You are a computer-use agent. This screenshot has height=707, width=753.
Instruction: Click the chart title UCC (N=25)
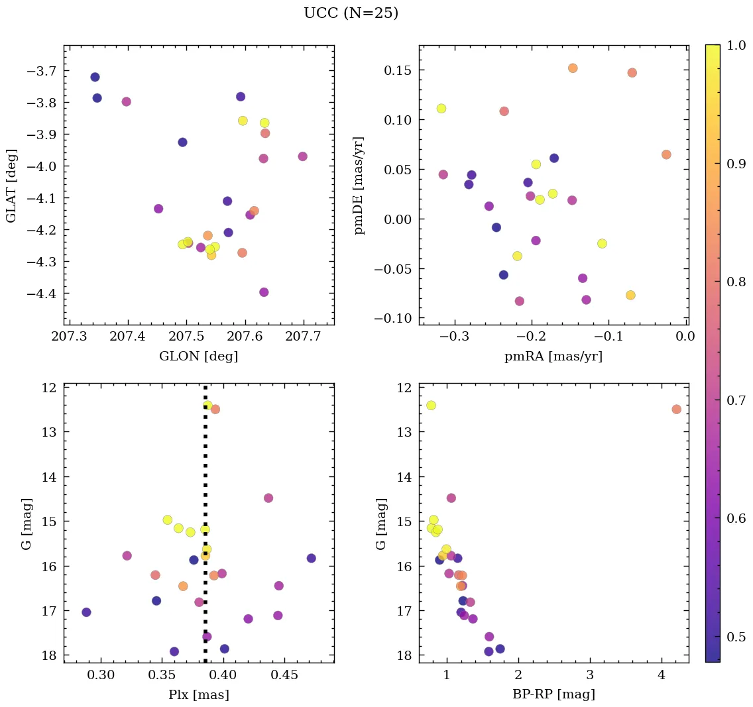pyautogui.click(x=351, y=13)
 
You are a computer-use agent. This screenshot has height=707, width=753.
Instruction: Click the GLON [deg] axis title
pyautogui.click(x=198, y=356)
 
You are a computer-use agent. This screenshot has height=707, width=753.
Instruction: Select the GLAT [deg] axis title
pyautogui.click(x=11, y=186)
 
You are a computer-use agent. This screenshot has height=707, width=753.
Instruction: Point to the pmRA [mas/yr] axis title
pyautogui.click(x=553, y=356)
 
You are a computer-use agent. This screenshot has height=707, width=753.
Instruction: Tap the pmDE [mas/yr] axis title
pyautogui.click(x=360, y=186)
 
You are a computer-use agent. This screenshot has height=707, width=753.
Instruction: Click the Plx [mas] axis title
pyautogui.click(x=198, y=694)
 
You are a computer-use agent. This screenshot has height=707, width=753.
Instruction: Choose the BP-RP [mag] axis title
pyautogui.click(x=553, y=694)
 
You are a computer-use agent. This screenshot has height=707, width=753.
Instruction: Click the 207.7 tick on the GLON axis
pyautogui.click(x=304, y=339)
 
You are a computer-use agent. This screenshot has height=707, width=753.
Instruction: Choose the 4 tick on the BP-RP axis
pyautogui.click(x=661, y=677)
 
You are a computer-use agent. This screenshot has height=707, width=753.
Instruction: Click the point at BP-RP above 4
pyautogui.click(x=676, y=409)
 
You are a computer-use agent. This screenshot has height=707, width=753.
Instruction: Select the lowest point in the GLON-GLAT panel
pyautogui.click(x=264, y=292)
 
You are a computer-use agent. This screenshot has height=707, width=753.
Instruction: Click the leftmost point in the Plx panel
pyautogui.click(x=86, y=612)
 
